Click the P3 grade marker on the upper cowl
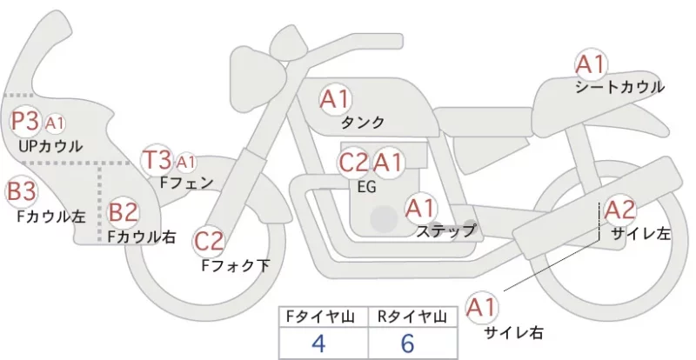pos(26,121)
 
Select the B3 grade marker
pos(21,192)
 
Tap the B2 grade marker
pos(124,211)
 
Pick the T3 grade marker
pos(157,160)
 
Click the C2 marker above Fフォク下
pos(209,242)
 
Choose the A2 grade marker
pos(620,210)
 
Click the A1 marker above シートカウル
pos(591,64)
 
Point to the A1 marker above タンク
pos(336,99)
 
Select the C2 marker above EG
pos(354,163)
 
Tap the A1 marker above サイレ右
pos(481,308)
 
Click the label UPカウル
pos(50,146)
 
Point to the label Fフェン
pos(186,183)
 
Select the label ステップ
pos(445,230)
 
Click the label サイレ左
pos(641,234)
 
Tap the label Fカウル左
pos(51,217)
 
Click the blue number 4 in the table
pos(319,343)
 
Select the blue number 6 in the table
pos(407,343)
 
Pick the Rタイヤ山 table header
pos(412,317)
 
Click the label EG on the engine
pos(367,187)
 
